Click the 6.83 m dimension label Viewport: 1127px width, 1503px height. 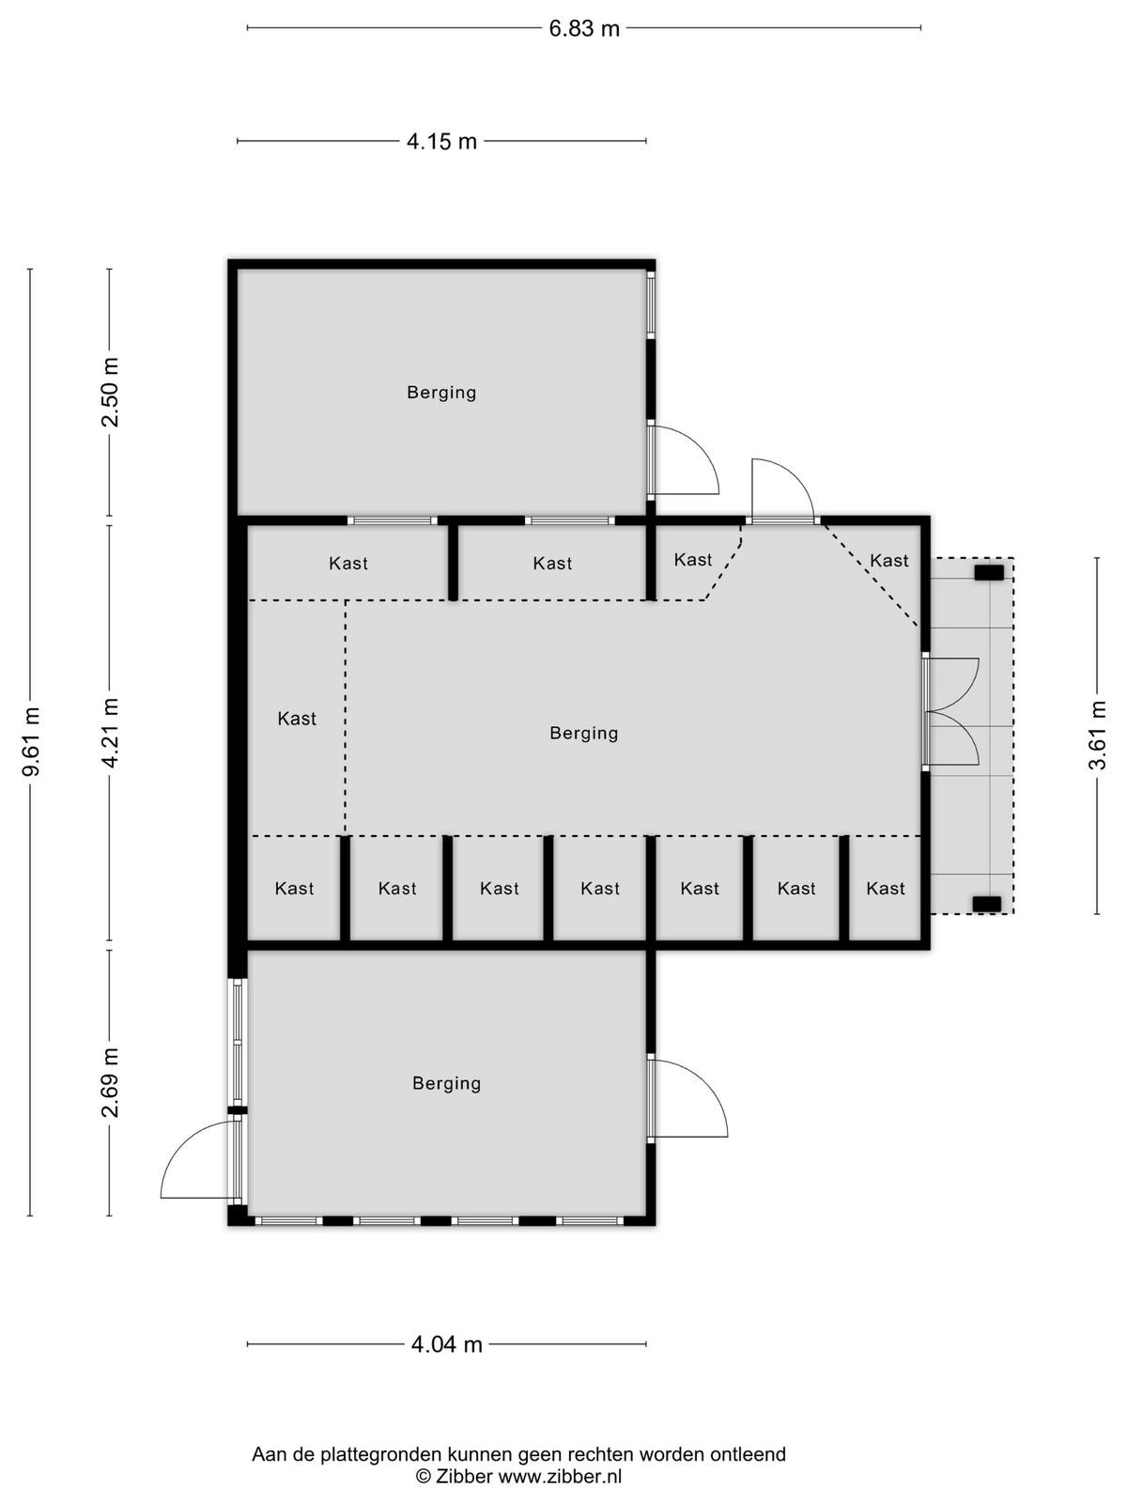click(583, 29)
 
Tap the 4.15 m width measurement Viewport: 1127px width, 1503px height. click(441, 142)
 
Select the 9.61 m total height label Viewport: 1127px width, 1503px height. click(32, 741)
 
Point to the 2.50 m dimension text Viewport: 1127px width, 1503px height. click(110, 393)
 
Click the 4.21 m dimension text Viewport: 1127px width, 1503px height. click(110, 733)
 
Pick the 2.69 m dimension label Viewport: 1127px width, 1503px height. click(110, 1082)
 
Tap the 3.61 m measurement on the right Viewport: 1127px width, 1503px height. click(1098, 736)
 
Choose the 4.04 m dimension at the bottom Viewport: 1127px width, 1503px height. click(447, 1344)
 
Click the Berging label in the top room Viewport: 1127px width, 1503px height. click(441, 393)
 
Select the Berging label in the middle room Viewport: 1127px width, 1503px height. click(583, 734)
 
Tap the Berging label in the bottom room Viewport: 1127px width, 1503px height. click(446, 1083)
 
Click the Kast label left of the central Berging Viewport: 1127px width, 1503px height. click(297, 719)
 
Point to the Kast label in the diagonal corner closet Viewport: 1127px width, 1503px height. click(888, 560)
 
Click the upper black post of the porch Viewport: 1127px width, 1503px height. click(989, 573)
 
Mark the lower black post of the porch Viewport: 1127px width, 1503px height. click(987, 904)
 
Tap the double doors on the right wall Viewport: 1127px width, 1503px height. click(951, 711)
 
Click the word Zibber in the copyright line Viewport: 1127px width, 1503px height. click(463, 1476)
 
